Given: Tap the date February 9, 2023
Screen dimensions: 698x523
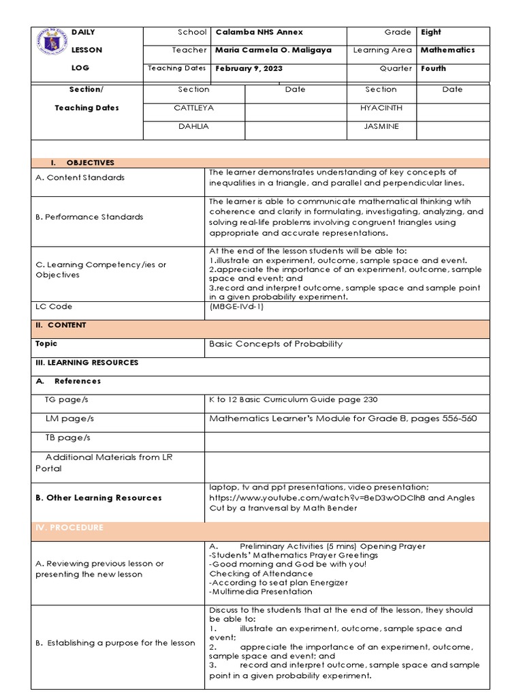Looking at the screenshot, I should tap(249, 69).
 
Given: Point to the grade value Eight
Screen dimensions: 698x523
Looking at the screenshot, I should tap(431, 32).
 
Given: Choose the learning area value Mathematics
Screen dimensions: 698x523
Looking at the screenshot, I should tap(447, 50).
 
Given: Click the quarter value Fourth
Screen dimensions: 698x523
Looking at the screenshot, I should tap(433, 69).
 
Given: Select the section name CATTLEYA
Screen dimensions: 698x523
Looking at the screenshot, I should tap(193, 108).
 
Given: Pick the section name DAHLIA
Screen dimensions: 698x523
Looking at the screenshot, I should tap(193, 127).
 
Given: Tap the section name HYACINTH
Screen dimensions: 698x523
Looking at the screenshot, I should tap(381, 108).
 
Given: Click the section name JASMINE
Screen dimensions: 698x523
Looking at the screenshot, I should tap(381, 127).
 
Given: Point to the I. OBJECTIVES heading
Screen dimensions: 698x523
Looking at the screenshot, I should tap(82, 163).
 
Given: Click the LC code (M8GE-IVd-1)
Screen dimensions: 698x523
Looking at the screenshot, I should tap(236, 307).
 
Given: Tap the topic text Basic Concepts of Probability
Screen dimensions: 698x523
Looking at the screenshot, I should tap(276, 344).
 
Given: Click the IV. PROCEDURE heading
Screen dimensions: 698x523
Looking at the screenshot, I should tap(69, 528).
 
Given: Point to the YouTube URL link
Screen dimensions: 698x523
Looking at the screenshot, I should tap(317, 498).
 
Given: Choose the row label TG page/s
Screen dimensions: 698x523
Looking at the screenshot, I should tap(67, 400).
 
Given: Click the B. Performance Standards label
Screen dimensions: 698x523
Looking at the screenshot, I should tap(89, 217).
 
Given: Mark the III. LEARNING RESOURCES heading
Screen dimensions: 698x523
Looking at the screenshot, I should tap(86, 363).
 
